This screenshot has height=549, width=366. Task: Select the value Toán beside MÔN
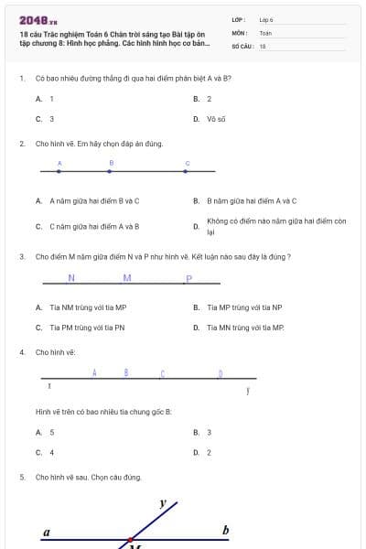265,32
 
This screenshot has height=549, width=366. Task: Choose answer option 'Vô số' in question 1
216,119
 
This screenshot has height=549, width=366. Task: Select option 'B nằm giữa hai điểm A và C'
252,200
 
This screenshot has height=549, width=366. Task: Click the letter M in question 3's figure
127,278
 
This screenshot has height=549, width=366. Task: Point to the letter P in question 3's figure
188,279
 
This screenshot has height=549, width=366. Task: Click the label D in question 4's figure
221,373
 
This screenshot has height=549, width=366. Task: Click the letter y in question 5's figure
163,502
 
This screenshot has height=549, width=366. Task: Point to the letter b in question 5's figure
225,530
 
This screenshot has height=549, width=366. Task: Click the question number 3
21,257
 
